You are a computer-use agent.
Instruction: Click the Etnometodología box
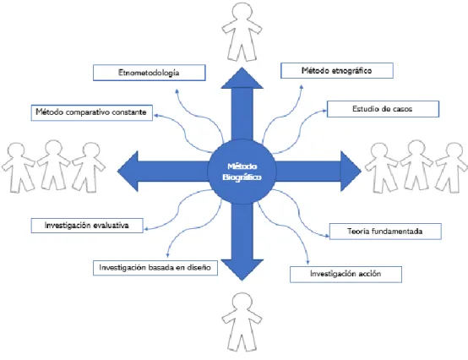click(150, 73)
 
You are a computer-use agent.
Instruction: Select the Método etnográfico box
click(337, 71)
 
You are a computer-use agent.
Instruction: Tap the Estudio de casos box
click(383, 109)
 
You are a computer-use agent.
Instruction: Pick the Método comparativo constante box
click(91, 112)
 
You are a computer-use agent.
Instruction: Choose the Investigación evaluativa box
click(87, 226)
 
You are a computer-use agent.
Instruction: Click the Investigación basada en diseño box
click(155, 268)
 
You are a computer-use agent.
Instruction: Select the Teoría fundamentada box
click(385, 232)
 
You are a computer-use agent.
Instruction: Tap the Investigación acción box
click(346, 275)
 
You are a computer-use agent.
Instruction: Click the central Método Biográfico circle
click(242, 172)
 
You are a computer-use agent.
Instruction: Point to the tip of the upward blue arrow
click(242, 68)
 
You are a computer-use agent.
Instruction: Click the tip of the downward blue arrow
click(242, 281)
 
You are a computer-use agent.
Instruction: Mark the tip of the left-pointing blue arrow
click(117, 172)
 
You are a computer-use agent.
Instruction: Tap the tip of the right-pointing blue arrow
click(362, 172)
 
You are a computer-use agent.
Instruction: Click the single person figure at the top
click(242, 33)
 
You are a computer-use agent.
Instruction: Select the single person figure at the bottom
click(242, 322)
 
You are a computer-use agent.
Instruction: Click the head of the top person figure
click(242, 13)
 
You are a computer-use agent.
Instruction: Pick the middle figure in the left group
click(53, 166)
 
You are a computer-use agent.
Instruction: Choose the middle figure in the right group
click(416, 166)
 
